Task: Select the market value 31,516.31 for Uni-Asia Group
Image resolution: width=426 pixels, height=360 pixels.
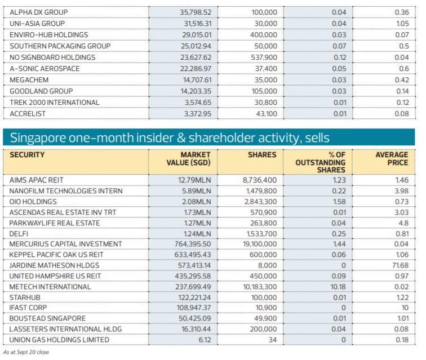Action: tap(194, 23)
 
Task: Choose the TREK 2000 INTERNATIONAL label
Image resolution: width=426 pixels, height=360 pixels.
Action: tap(54, 102)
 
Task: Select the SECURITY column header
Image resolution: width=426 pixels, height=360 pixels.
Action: tap(27, 154)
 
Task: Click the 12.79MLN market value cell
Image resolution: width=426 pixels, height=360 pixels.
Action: tap(194, 180)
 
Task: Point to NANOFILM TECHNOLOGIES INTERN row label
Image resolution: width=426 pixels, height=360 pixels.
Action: tap(66, 190)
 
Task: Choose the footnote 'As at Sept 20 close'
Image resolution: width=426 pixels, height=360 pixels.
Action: tap(25, 352)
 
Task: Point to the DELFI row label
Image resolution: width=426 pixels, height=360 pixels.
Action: tap(20, 233)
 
